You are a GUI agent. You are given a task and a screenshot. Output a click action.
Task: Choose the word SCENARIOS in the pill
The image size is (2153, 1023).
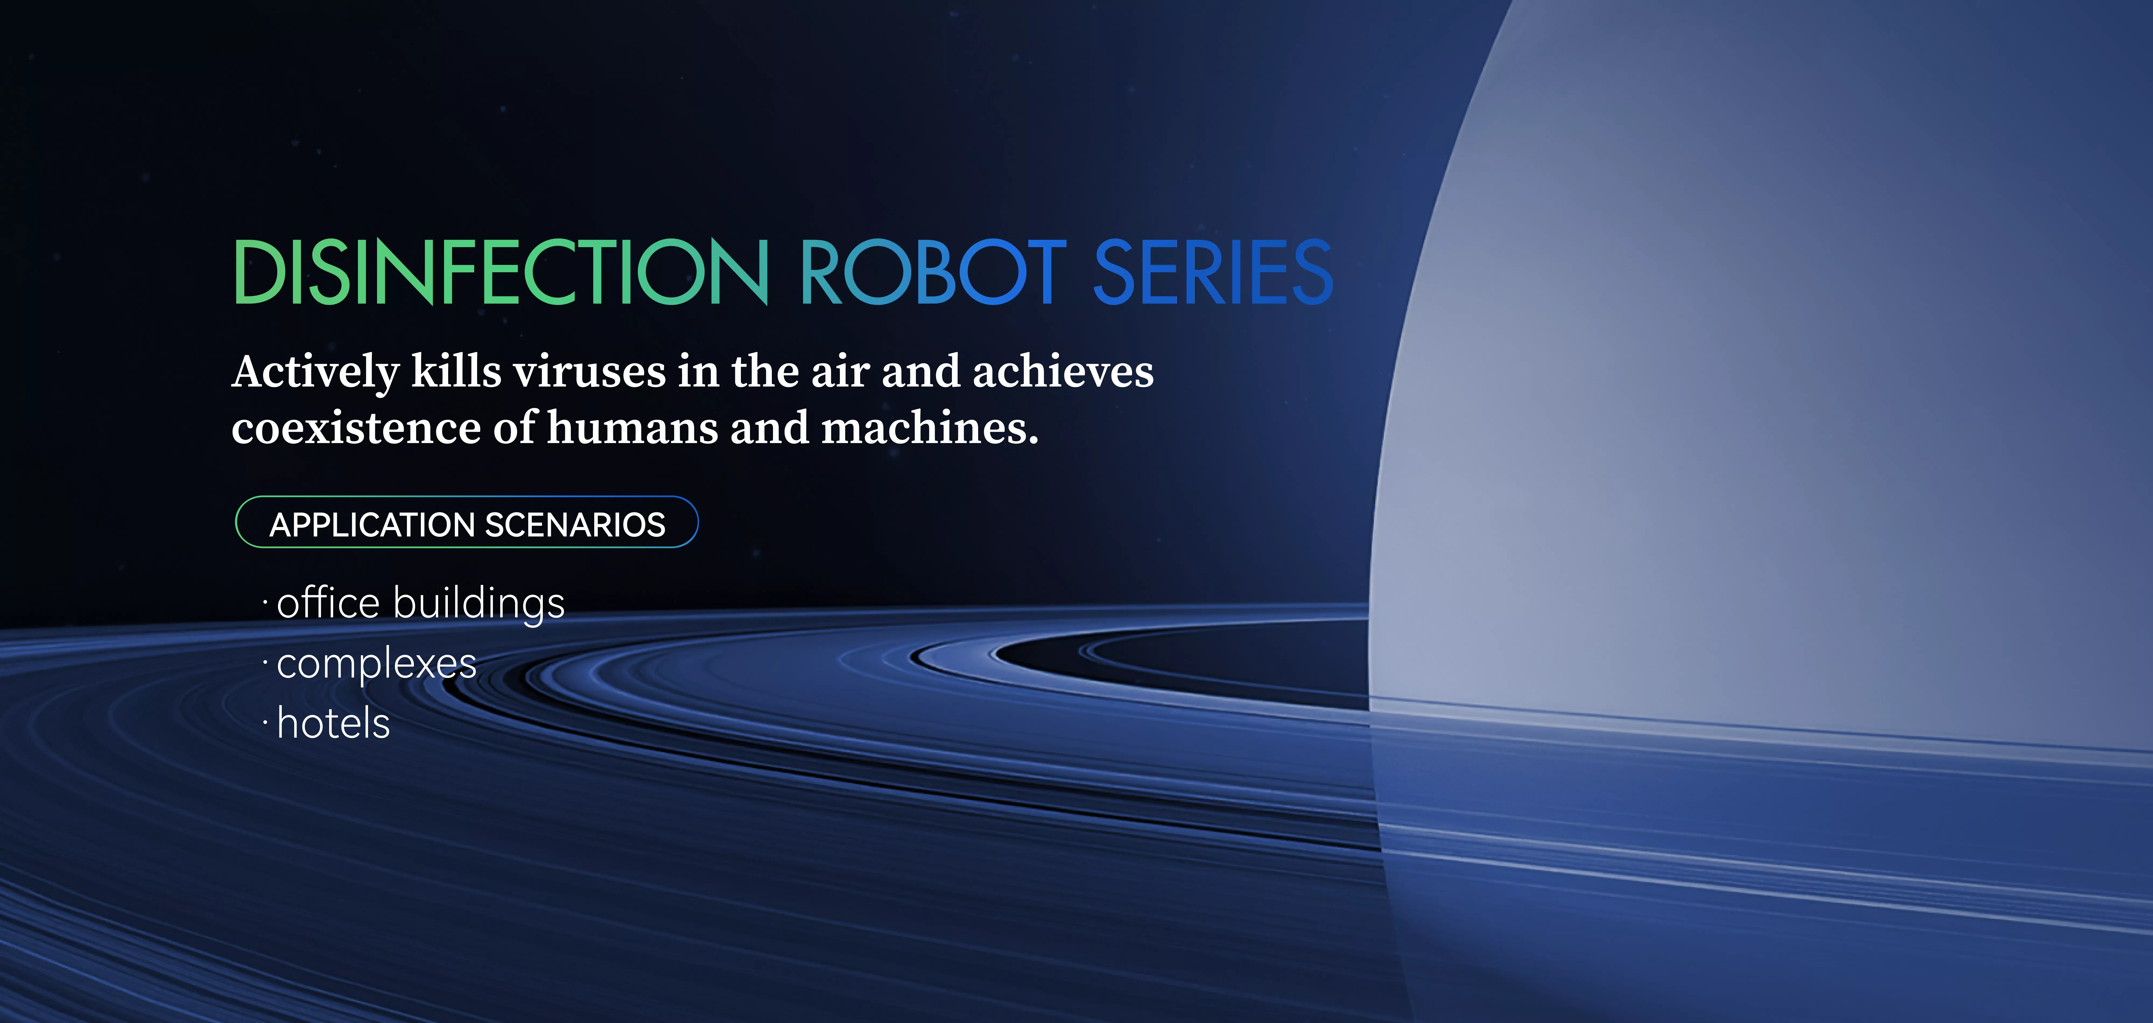coord(575,524)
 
